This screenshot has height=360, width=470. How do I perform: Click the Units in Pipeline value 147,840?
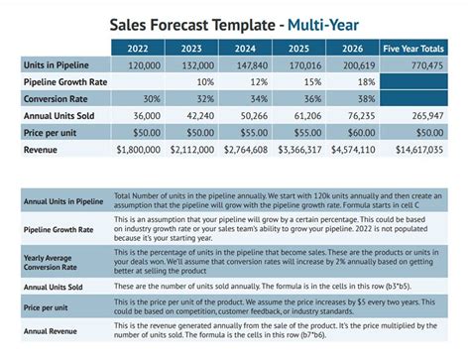(248, 64)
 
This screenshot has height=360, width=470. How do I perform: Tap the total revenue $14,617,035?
(420, 149)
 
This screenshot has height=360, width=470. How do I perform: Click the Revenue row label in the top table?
(41, 149)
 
